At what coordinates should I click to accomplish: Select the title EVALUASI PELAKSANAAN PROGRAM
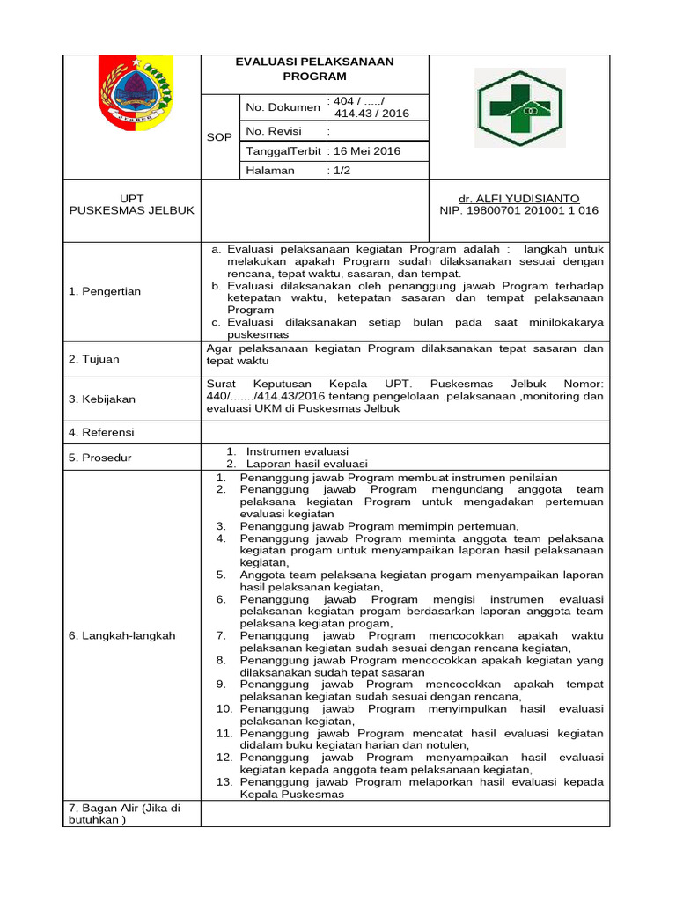(x=315, y=69)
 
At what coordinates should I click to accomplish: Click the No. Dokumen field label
(x=283, y=107)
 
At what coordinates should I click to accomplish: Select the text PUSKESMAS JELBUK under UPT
(x=131, y=211)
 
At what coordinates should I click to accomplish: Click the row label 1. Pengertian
(x=105, y=291)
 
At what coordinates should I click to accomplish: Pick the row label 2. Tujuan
(x=94, y=359)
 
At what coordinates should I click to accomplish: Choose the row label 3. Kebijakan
(x=102, y=399)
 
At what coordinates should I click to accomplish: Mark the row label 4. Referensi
(x=102, y=432)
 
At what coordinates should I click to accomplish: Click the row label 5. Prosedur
(x=99, y=457)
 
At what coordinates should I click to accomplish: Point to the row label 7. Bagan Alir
(x=124, y=814)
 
